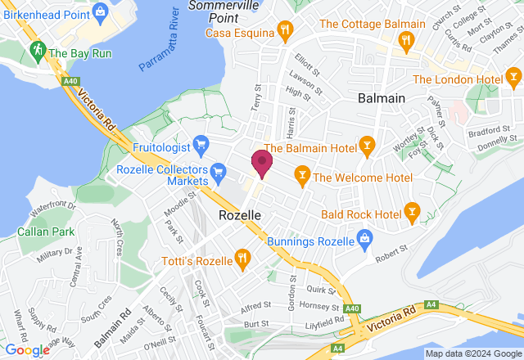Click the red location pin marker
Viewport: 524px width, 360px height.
pyautogui.click(x=262, y=162)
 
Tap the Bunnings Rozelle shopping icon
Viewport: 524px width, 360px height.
pyautogui.click(x=365, y=241)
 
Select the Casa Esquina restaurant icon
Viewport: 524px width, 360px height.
pyautogui.click(x=285, y=31)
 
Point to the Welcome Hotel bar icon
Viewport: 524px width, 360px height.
pyautogui.click(x=302, y=174)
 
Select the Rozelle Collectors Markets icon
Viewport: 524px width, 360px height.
pyautogui.click(x=218, y=171)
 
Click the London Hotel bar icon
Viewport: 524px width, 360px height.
pyautogui.click(x=513, y=79)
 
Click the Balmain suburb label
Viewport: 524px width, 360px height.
pyautogui.click(x=382, y=98)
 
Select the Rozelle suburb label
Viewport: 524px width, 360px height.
pyautogui.click(x=241, y=214)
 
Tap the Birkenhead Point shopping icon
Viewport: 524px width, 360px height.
pyautogui.click(x=102, y=11)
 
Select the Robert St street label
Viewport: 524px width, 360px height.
pyautogui.click(x=391, y=259)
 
